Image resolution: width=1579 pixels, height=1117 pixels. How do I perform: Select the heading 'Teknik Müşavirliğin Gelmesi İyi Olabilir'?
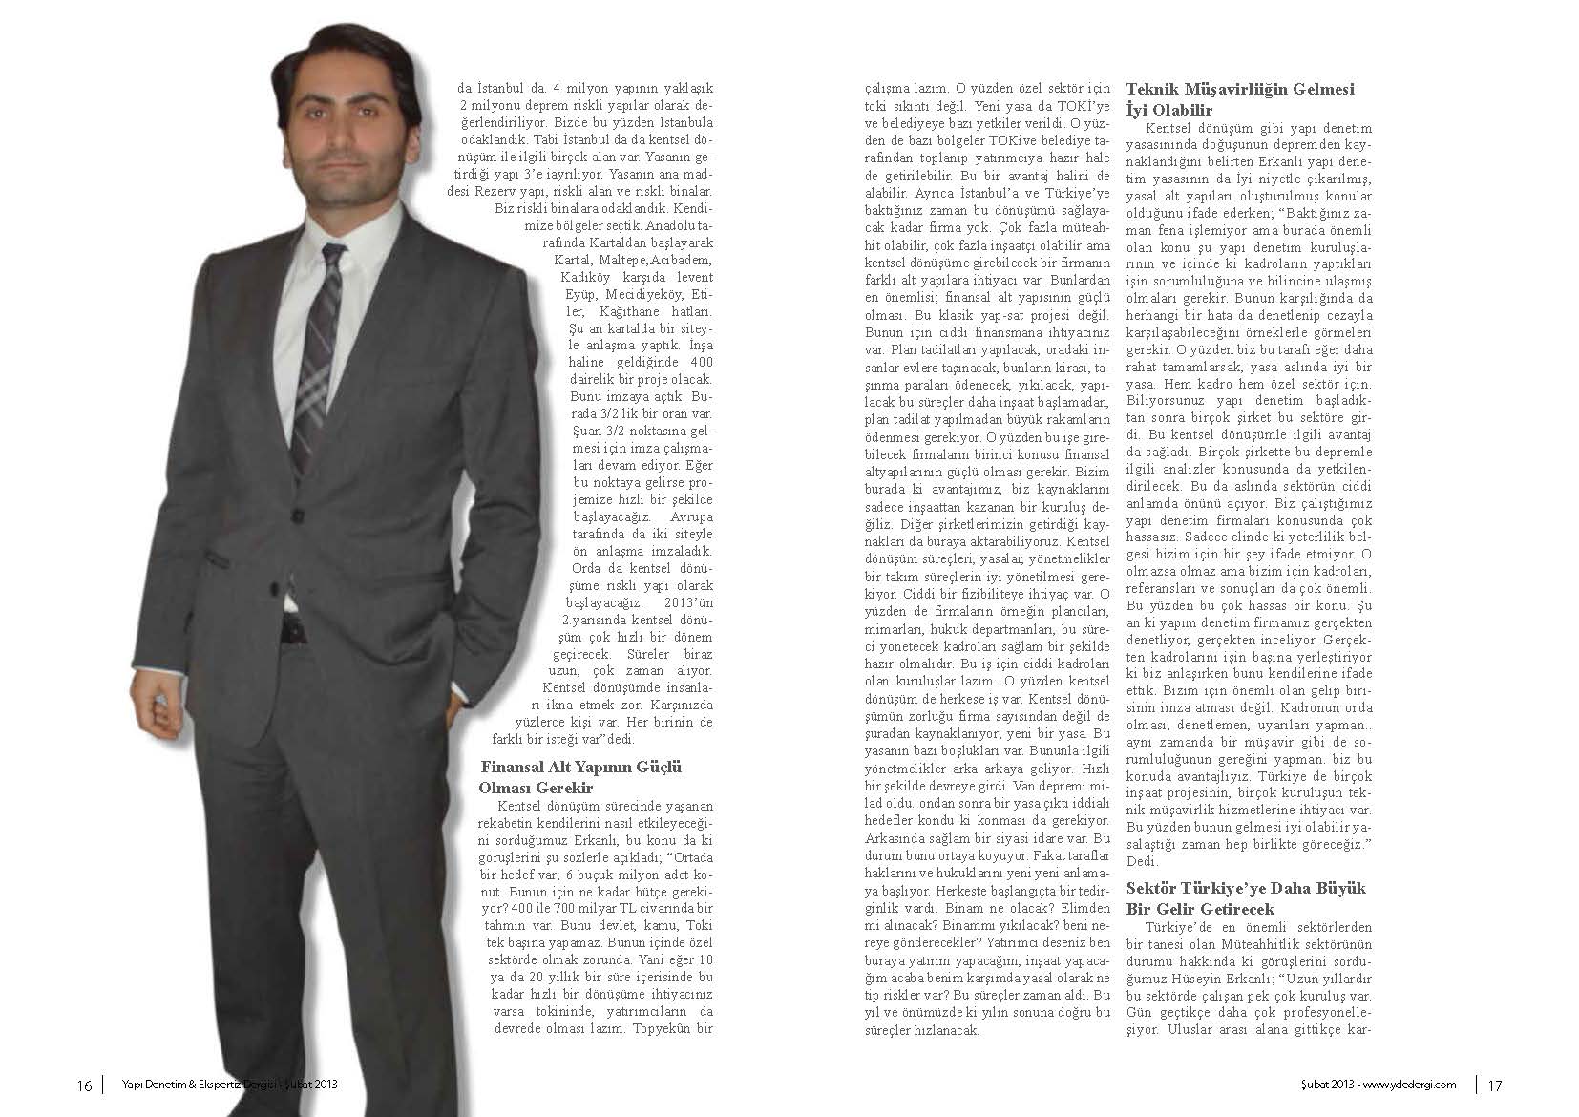click(x=1240, y=99)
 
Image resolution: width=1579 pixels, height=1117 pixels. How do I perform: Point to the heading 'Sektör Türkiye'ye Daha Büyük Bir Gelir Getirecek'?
click(x=1246, y=898)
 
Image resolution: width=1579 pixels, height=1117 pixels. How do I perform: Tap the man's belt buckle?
click(x=289, y=630)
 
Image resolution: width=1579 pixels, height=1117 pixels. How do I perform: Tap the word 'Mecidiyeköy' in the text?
click(x=633, y=294)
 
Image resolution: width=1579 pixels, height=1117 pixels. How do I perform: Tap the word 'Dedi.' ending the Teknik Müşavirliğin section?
click(x=1142, y=860)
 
